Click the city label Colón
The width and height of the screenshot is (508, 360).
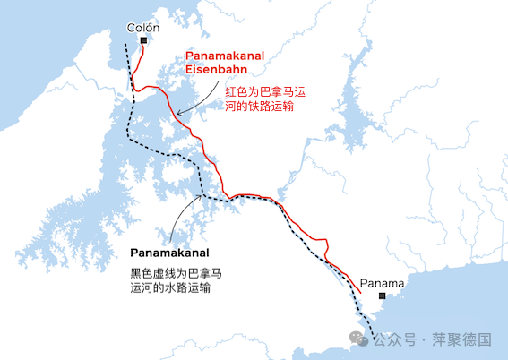pos(143,28)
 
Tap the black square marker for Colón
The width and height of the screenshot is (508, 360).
pos(143,39)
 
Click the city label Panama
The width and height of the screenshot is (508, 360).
pos(383,284)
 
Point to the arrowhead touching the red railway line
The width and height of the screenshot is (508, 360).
pos(179,113)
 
